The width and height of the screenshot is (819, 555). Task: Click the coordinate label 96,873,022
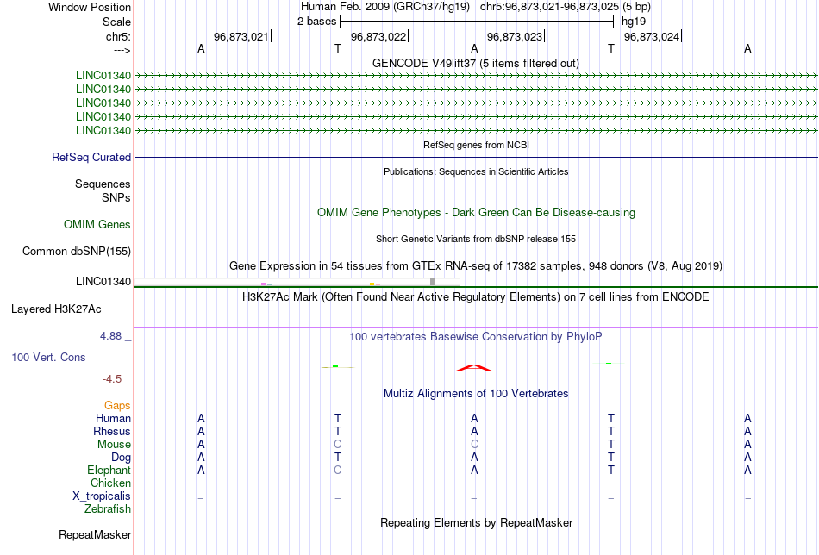click(378, 36)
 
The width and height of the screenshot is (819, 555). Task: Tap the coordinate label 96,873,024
click(652, 36)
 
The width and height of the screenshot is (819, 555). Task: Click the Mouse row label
click(114, 445)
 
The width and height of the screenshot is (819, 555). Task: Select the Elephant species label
click(109, 471)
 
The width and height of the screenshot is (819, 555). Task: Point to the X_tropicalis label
click(102, 496)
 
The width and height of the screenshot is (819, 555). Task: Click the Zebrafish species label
click(108, 509)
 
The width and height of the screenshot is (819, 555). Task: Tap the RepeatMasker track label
click(95, 534)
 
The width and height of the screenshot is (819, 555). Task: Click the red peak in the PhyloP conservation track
click(474, 368)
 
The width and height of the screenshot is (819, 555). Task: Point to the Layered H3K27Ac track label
click(56, 309)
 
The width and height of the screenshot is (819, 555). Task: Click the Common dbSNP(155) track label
click(77, 251)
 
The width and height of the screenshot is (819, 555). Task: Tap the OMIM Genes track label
click(97, 225)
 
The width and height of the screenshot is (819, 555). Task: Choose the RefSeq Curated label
click(91, 157)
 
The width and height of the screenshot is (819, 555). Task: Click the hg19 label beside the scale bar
click(634, 22)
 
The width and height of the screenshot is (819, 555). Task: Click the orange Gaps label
click(117, 406)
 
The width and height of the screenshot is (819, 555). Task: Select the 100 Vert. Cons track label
click(48, 357)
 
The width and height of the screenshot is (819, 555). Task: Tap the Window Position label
click(90, 7)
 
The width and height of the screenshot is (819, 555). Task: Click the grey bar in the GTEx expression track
click(433, 282)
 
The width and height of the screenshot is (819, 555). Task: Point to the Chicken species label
click(110, 483)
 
